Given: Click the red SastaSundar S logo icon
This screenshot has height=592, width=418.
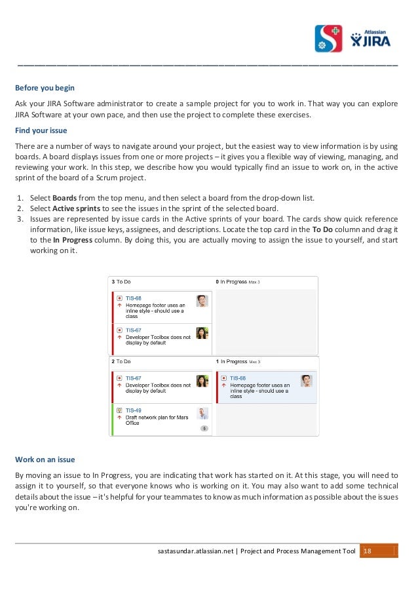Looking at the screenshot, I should (x=328, y=39).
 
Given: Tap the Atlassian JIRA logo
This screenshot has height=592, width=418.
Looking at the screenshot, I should (x=373, y=39).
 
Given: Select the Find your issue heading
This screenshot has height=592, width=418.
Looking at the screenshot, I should (x=41, y=130).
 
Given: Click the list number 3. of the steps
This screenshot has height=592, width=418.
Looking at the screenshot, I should (x=20, y=219).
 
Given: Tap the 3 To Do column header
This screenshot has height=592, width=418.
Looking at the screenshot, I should (x=121, y=282).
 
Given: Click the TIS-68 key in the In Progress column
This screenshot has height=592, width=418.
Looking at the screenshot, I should (x=237, y=378).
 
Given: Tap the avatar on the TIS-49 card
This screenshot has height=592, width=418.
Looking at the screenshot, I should (x=202, y=413).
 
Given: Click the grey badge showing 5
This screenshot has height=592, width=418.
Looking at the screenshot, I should (x=204, y=428).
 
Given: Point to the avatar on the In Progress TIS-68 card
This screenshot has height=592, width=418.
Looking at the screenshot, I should (x=306, y=381).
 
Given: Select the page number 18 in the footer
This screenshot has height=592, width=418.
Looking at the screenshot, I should (x=367, y=551).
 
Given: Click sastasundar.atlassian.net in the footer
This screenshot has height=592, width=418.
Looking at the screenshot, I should (x=196, y=551).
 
